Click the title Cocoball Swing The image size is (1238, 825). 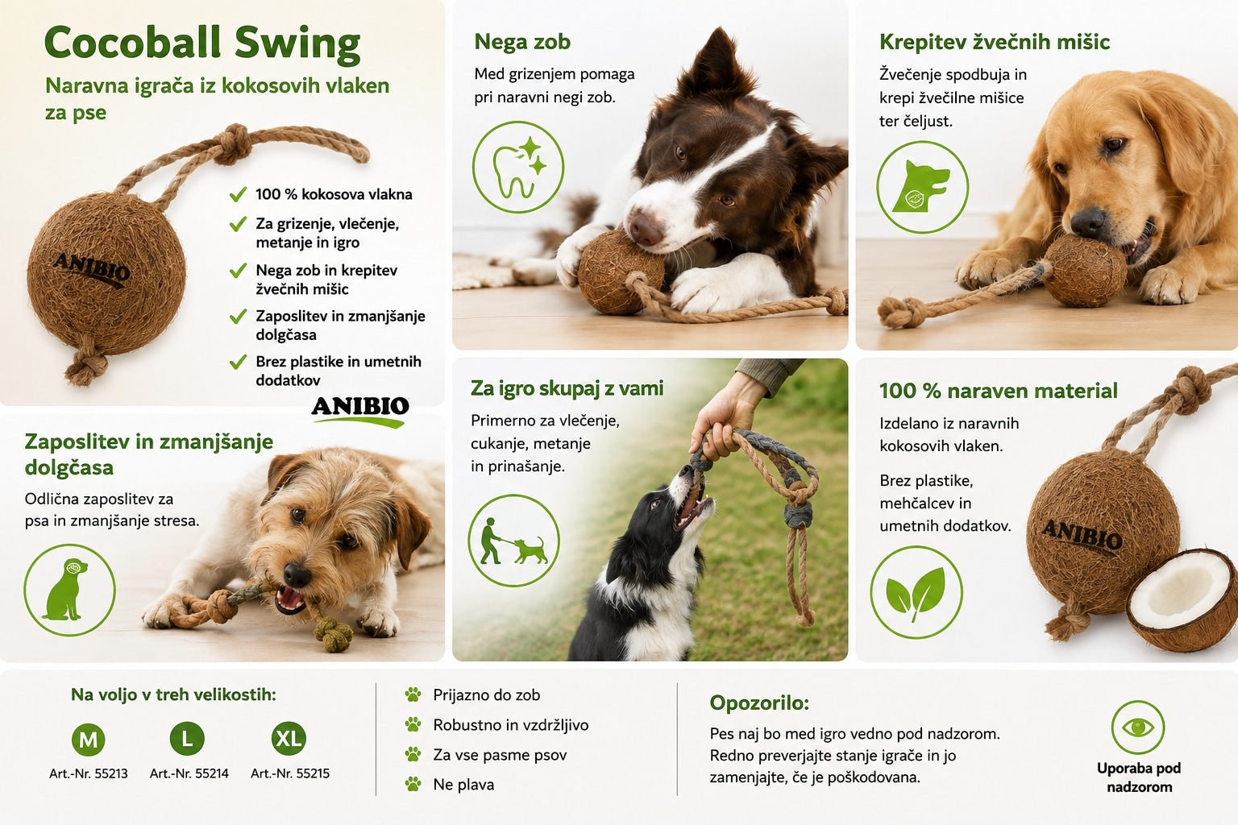point(202,44)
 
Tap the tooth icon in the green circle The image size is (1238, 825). point(518,167)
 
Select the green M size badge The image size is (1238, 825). point(89,739)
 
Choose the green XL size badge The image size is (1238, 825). point(289,738)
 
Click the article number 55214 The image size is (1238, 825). point(189,773)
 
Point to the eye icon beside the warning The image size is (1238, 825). point(1138,728)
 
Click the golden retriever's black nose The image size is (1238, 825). point(1087,221)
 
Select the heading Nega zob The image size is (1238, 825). point(522,42)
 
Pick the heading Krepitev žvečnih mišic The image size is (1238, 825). point(995,42)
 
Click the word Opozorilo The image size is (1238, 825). point(759,703)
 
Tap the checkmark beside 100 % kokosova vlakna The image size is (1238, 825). point(238,194)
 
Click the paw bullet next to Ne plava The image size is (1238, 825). point(413,784)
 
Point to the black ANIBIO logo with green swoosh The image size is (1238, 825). point(360,411)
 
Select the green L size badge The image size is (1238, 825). point(187,738)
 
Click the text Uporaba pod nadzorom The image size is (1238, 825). point(1139,777)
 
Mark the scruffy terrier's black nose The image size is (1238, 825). point(297,574)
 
